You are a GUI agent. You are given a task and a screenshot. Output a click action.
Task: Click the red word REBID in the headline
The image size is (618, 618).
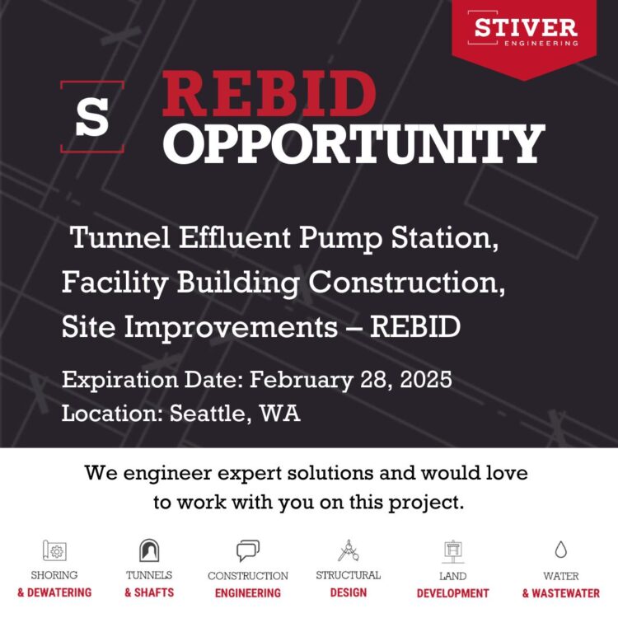[269, 96]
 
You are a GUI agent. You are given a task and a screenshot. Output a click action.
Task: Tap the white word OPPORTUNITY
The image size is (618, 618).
[353, 143]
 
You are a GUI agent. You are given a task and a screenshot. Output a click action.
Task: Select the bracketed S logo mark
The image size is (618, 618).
[92, 117]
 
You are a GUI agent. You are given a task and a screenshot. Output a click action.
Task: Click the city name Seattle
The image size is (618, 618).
[208, 413]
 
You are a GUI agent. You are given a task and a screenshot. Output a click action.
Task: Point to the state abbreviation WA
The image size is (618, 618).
[280, 413]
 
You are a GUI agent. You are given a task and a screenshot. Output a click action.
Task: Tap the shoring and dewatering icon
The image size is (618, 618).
[54, 550]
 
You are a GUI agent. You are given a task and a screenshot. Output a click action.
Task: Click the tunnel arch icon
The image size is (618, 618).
[149, 550]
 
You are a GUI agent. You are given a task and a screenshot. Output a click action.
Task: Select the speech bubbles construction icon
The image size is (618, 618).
[247, 550]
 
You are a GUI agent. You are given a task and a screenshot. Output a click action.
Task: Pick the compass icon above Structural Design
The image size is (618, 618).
[348, 550]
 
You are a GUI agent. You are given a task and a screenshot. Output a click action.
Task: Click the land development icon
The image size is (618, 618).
[452, 550]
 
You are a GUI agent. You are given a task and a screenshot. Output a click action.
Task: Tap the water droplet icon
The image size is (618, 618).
[560, 550]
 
